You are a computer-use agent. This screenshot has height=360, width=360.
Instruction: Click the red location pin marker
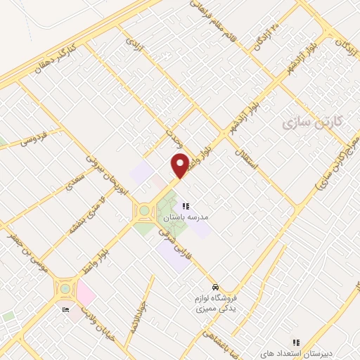tap(180, 165)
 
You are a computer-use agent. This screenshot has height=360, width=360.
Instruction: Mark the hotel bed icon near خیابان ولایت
tap(66, 309)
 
